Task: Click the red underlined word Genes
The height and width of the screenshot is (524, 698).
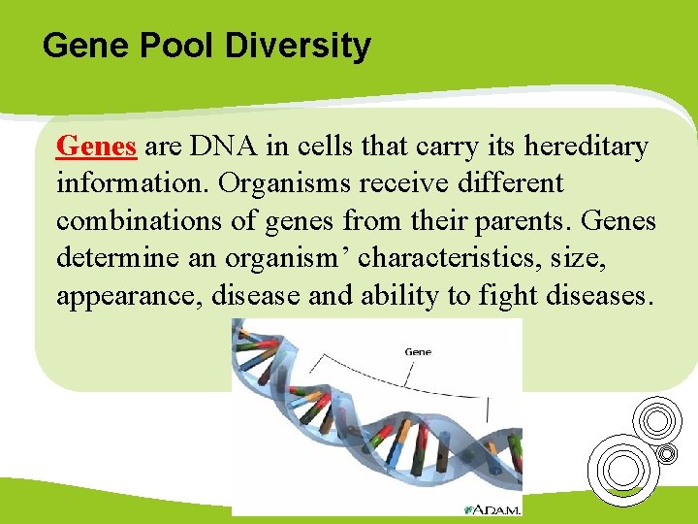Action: [x=96, y=147]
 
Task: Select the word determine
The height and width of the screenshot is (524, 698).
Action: [x=115, y=258]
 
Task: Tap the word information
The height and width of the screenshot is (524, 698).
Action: [x=130, y=183]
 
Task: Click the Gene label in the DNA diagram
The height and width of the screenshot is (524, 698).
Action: [x=417, y=351]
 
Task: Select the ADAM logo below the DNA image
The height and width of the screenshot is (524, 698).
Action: [x=492, y=508]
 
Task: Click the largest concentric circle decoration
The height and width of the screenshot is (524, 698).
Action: [x=620, y=469]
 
